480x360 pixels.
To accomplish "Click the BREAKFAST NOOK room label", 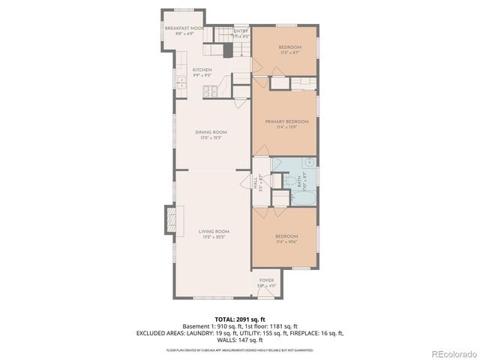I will (x=184, y=28).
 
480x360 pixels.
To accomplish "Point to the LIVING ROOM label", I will (x=214, y=231).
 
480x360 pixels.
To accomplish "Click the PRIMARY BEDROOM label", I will (x=286, y=121).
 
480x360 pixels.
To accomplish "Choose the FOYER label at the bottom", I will (x=267, y=280).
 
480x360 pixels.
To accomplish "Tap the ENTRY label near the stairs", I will (x=240, y=31).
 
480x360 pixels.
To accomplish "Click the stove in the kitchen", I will (x=210, y=92).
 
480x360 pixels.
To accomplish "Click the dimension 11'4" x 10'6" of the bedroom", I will (x=286, y=241).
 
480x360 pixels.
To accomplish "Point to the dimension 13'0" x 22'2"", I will (x=214, y=237).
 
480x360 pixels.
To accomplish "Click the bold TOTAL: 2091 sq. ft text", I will (x=240, y=319).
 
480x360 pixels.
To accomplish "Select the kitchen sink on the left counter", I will (x=180, y=80).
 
